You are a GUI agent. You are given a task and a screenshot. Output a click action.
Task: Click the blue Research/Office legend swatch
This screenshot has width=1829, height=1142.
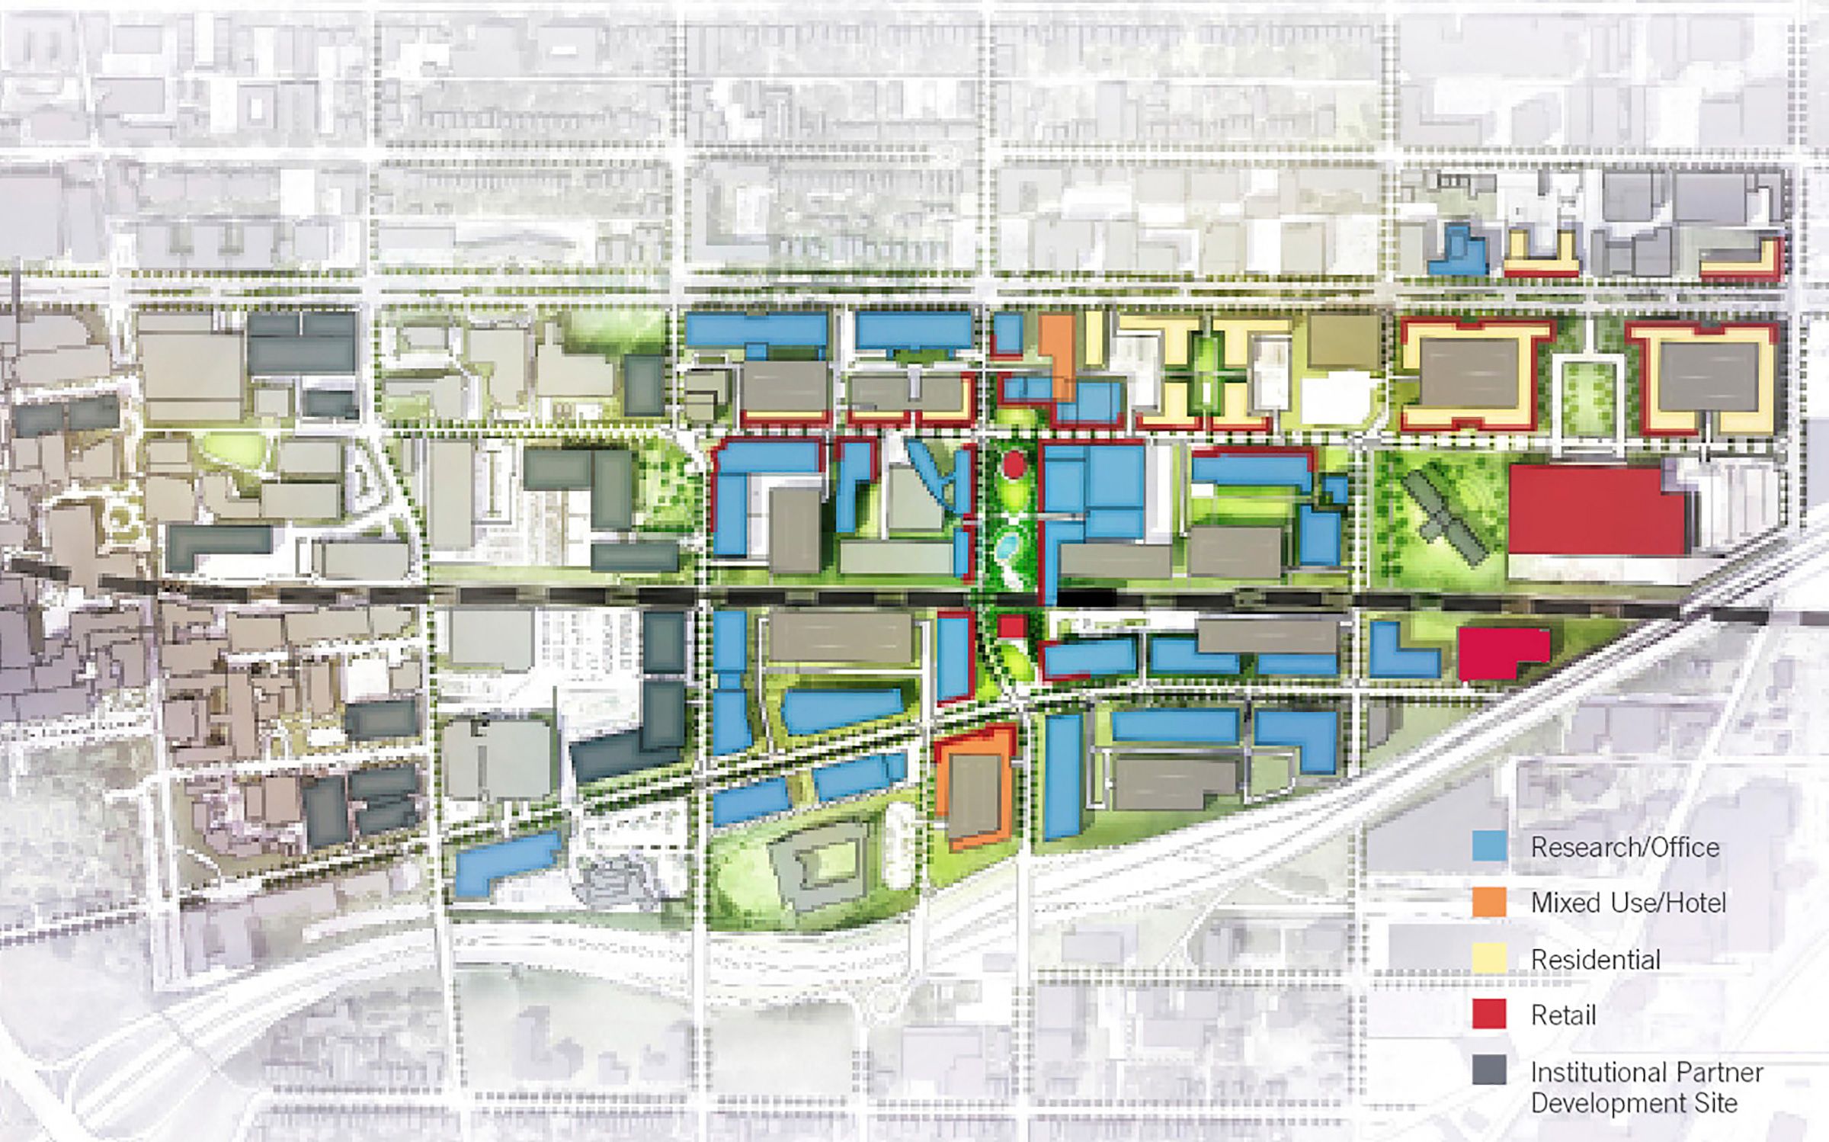pyautogui.click(x=1489, y=846)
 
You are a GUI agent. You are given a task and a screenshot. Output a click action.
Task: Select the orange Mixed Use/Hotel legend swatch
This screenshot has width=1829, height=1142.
pyautogui.click(x=1489, y=903)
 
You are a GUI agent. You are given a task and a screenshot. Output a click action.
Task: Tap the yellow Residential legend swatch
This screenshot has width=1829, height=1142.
pyautogui.click(x=1489, y=958)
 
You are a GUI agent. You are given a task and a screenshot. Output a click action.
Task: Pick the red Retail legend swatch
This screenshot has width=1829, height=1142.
pyautogui.click(x=1489, y=1015)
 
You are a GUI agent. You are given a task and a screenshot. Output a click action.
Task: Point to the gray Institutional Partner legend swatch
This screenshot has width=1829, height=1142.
pyautogui.click(x=1489, y=1070)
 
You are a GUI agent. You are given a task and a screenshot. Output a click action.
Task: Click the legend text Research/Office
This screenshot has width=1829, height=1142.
pyautogui.click(x=1625, y=847)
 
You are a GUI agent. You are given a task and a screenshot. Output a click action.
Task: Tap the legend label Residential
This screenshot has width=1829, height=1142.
pyautogui.click(x=1595, y=959)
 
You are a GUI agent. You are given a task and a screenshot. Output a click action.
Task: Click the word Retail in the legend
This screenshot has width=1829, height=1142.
pyautogui.click(x=1563, y=1015)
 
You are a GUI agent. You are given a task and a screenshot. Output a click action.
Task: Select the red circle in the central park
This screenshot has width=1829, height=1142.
pyautogui.click(x=1013, y=464)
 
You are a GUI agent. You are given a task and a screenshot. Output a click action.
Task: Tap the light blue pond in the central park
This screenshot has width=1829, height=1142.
pyautogui.click(x=1008, y=544)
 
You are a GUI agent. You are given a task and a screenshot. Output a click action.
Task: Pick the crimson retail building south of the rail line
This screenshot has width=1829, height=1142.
pyautogui.click(x=1501, y=653)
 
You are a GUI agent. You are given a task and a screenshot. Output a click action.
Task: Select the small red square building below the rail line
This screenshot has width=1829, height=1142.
pyautogui.click(x=1012, y=627)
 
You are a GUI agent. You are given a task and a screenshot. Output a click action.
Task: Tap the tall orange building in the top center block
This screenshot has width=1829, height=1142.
pyautogui.click(x=1059, y=354)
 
